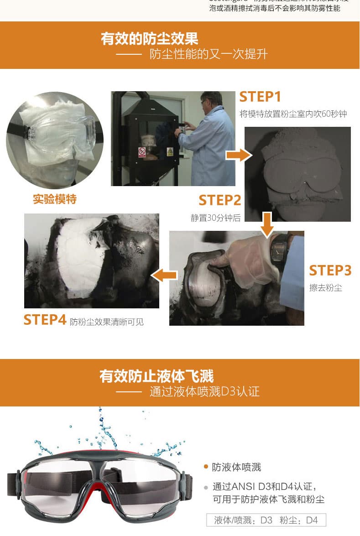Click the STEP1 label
coord(260,97)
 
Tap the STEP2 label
coord(219,200)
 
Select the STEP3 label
coord(330,271)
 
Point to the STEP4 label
coord(45,320)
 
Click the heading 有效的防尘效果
coord(149,38)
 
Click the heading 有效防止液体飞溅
coord(157,376)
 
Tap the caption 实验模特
coord(55,199)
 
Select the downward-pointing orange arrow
coord(267,224)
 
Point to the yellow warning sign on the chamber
coord(170,151)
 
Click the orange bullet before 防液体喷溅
coord(206,467)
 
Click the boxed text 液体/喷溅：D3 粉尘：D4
coord(266,520)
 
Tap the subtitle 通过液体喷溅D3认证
coord(204,392)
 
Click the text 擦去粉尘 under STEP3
coord(325,288)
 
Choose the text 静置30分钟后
coord(215,218)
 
